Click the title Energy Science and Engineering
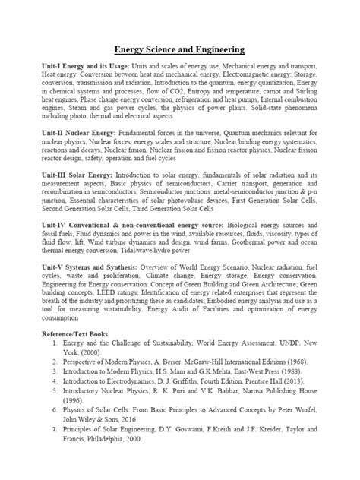click(x=179, y=50)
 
